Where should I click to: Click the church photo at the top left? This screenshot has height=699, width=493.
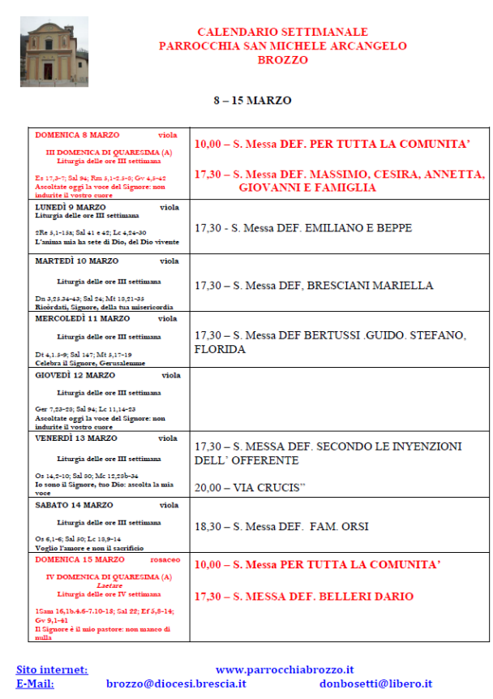(x=54, y=51)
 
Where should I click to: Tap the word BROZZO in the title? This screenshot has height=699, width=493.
(x=283, y=59)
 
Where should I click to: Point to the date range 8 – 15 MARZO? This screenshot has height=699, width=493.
(x=252, y=101)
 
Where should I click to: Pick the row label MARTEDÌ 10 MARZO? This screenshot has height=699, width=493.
(x=77, y=261)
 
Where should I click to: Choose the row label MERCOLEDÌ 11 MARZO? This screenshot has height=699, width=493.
(x=83, y=318)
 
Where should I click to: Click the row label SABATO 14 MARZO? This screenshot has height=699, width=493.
(x=74, y=505)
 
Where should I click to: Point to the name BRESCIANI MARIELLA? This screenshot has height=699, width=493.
(x=371, y=286)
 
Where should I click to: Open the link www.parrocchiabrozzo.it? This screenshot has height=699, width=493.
(x=285, y=670)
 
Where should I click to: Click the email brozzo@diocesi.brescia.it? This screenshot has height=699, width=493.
(x=176, y=684)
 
